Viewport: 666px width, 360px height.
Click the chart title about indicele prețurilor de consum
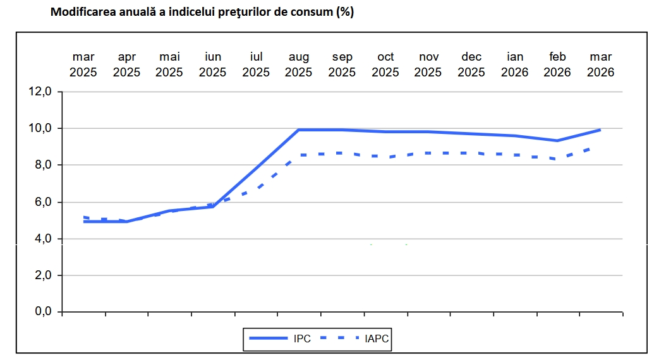click(202, 13)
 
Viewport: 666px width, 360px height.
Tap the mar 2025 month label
click(83, 65)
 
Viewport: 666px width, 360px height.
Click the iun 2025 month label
click(213, 65)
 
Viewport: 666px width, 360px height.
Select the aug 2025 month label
click(299, 65)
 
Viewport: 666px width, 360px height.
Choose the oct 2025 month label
click(385, 65)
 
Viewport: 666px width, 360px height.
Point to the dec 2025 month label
click(471, 65)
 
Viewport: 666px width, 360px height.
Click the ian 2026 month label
click(515, 65)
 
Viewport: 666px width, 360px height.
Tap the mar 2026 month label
click(601, 65)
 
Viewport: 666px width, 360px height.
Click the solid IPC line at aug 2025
click(299, 130)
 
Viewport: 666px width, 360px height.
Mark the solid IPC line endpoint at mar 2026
click(600, 130)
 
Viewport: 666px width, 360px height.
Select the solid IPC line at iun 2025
click(213, 207)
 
